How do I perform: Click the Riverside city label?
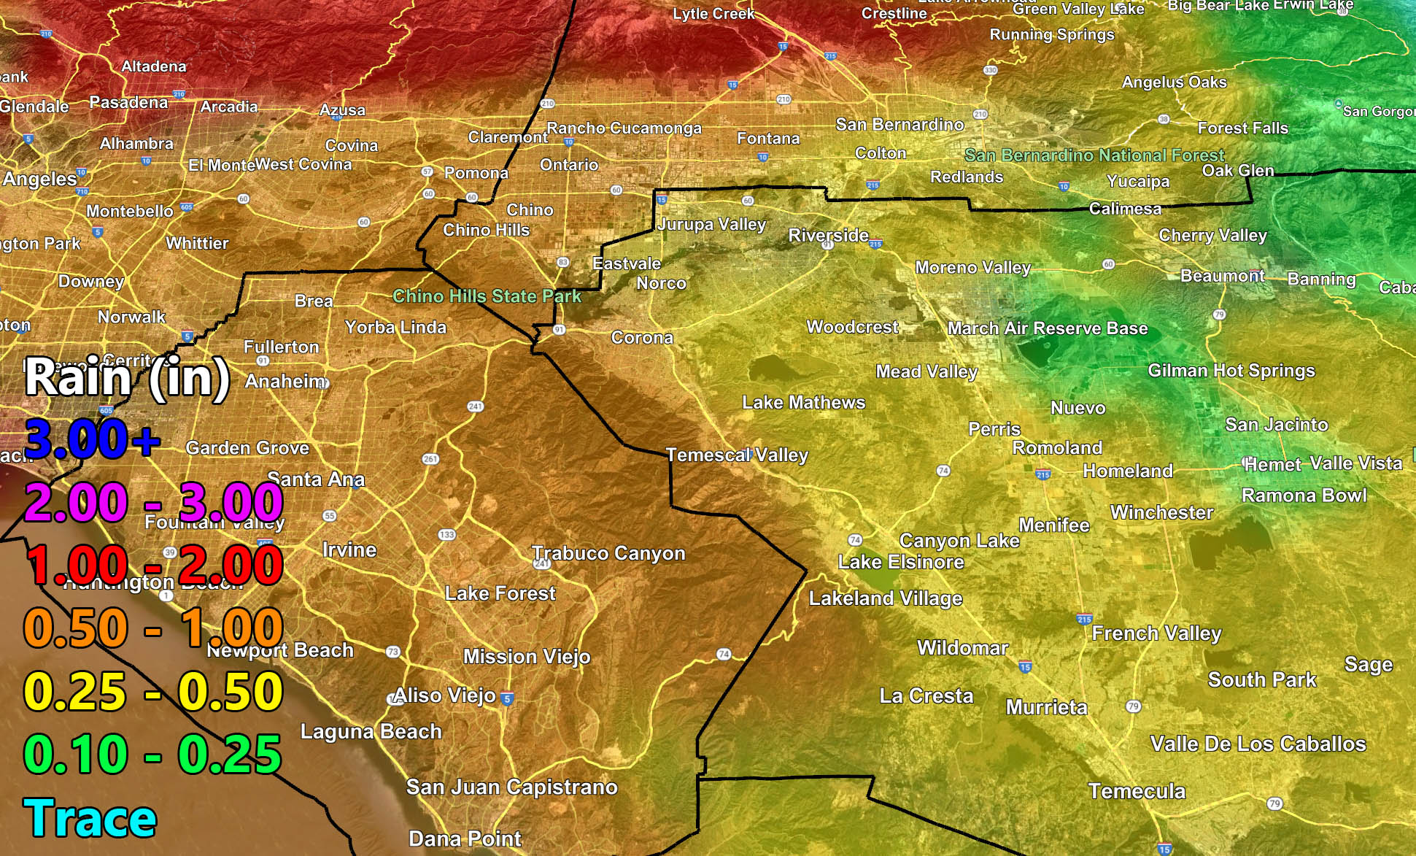[828, 235]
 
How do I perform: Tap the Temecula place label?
[1137, 791]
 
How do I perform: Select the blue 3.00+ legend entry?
[92, 439]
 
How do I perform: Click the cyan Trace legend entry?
[90, 818]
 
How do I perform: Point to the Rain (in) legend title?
[128, 378]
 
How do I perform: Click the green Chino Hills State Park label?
[487, 296]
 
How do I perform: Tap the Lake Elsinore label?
[901, 562]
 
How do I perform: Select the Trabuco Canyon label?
[608, 553]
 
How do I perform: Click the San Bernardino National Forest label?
[1094, 155]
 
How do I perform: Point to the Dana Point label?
[465, 838]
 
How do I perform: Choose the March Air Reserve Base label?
[1048, 328]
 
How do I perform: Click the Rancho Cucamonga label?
[624, 128]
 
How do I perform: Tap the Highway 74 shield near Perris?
[943, 471]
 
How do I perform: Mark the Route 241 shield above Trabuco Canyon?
[476, 406]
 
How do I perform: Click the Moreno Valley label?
[973, 268]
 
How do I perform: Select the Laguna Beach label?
[371, 731]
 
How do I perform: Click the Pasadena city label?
[128, 102]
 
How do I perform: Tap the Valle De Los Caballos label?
[1258, 744]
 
